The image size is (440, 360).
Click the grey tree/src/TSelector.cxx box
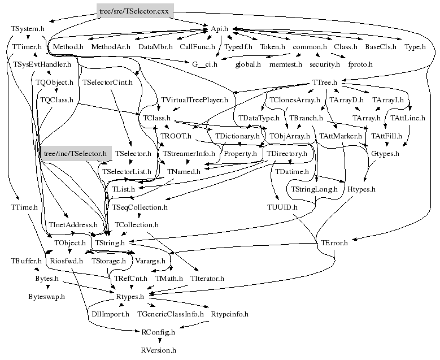[x=135, y=11]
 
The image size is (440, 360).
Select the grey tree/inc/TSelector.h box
[x=76, y=154]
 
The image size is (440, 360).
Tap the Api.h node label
[x=219, y=29]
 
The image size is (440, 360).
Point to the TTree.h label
[x=324, y=83]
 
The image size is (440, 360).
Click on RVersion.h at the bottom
[x=159, y=350]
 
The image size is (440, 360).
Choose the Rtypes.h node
[x=130, y=297]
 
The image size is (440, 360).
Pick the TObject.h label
[x=70, y=243]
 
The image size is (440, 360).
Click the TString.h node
[x=110, y=243]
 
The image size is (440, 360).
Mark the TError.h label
[x=334, y=243]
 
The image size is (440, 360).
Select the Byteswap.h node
[x=46, y=297]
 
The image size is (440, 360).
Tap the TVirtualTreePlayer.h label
[x=194, y=100]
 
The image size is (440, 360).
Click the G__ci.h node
[x=204, y=64]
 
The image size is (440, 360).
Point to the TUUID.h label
[x=282, y=207]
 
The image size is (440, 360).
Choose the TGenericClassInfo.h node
[x=171, y=314]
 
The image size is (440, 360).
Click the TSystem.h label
[x=28, y=29]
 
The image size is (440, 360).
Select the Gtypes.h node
[x=385, y=154]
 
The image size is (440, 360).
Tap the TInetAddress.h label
[x=73, y=225]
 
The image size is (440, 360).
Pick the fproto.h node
[x=360, y=64]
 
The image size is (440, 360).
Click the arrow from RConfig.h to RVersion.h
[x=160, y=341]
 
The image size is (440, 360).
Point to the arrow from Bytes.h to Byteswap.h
[x=47, y=287]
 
